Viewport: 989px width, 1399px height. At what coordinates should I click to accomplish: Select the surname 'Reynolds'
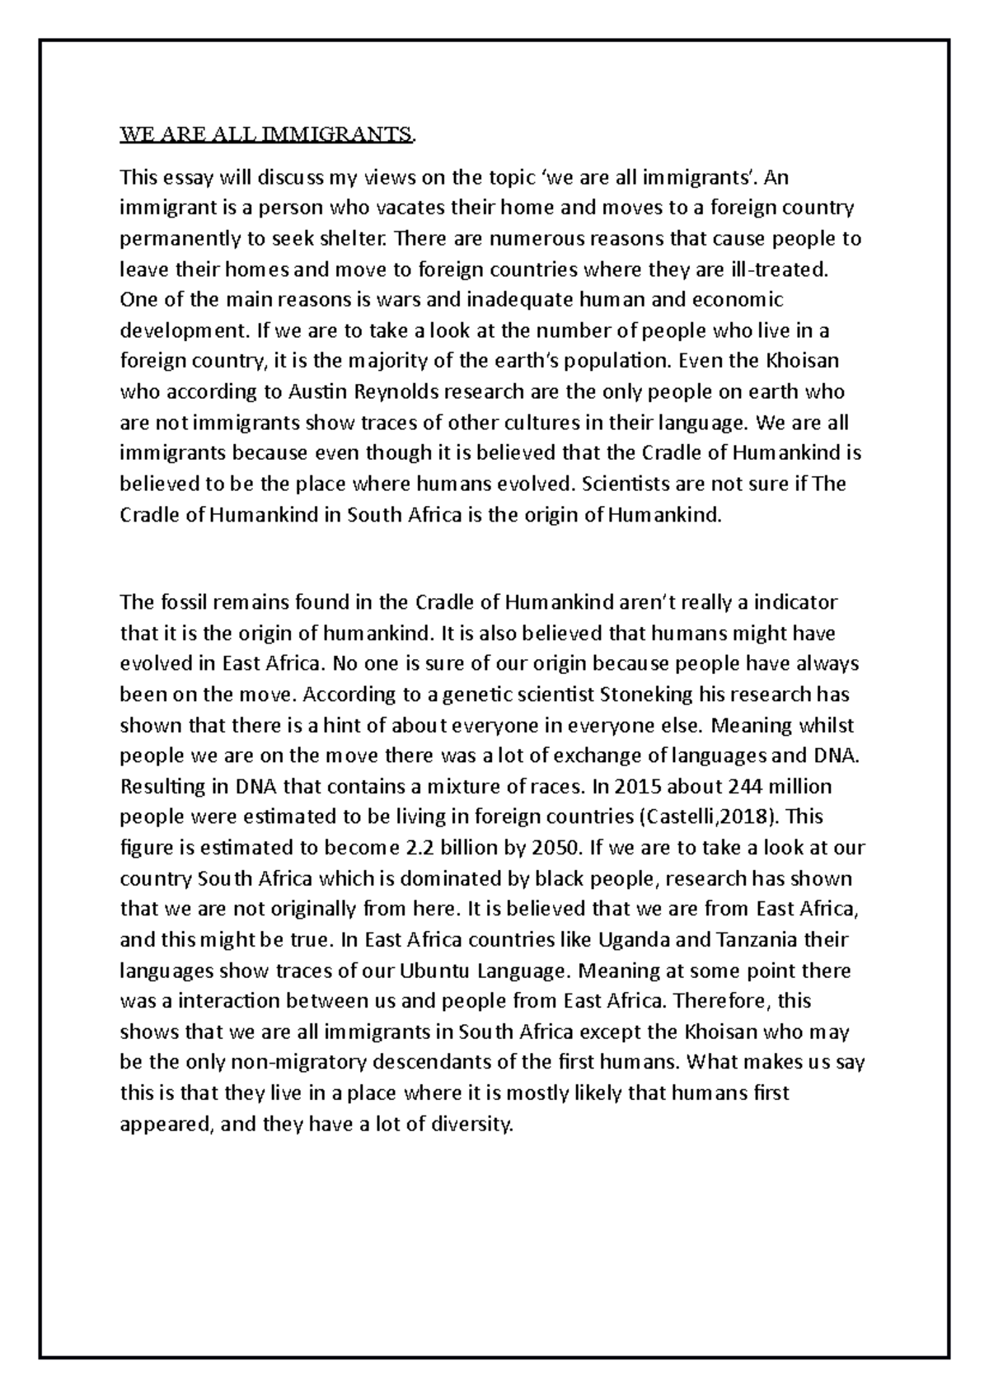coord(413,392)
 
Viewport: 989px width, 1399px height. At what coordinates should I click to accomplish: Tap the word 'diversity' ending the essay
coord(473,1125)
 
